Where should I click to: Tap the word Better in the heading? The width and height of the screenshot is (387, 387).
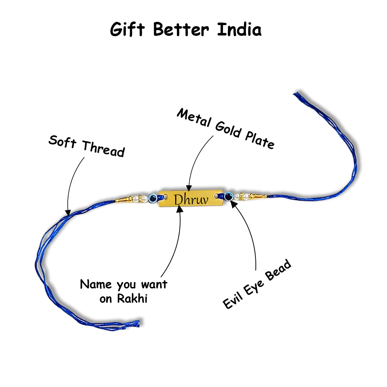click(x=181, y=29)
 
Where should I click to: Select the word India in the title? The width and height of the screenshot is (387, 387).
click(x=239, y=29)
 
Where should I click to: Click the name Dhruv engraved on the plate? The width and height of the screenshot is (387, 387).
click(x=191, y=200)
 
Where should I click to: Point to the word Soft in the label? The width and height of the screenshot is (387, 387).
click(x=62, y=142)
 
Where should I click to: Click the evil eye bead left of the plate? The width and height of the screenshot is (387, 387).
click(x=152, y=197)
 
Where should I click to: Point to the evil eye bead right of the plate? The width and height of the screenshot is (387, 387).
click(x=228, y=196)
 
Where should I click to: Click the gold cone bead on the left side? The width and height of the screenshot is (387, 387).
click(x=122, y=199)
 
